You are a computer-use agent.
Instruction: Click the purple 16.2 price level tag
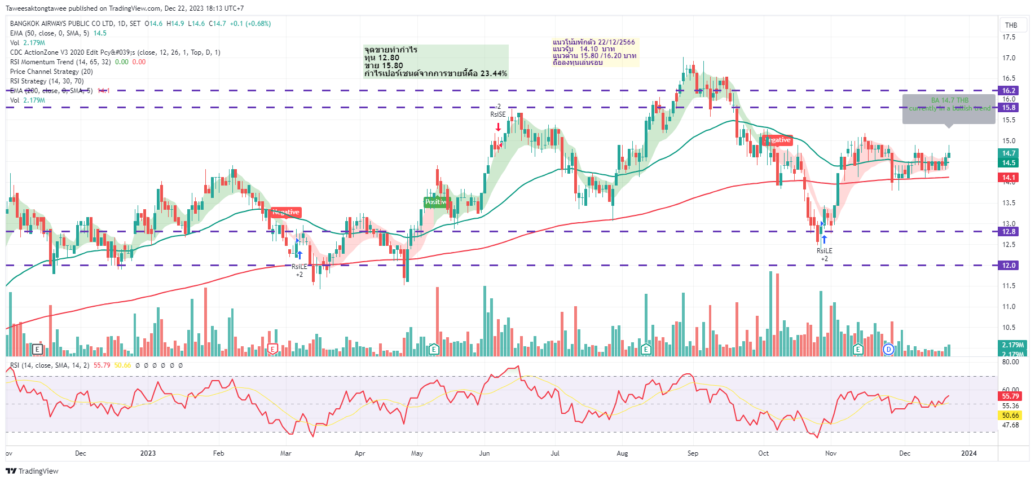point(1008,90)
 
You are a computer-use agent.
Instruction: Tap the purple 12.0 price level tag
point(1008,265)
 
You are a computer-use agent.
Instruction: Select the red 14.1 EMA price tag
point(1008,177)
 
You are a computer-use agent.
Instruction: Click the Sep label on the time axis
point(693,453)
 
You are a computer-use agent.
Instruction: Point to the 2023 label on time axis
point(148,453)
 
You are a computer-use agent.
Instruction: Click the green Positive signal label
point(435,202)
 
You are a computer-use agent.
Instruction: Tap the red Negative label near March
point(286,212)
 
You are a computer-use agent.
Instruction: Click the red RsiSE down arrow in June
point(498,127)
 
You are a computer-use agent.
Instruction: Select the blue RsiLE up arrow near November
point(824,240)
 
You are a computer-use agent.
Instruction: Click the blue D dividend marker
point(889,349)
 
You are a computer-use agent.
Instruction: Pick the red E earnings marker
point(273,349)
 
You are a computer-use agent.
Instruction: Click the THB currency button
point(1011,25)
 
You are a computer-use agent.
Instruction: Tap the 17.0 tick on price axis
point(1008,58)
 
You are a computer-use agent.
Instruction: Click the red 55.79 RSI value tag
point(1010,396)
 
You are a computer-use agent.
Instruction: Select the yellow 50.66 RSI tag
point(1010,415)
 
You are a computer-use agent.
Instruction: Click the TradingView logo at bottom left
point(32,471)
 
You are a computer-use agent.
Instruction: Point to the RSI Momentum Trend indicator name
point(42,62)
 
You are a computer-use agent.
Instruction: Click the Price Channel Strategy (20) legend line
point(51,72)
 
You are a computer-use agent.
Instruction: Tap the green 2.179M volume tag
point(1012,345)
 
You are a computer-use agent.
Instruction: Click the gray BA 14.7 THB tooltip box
point(949,108)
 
